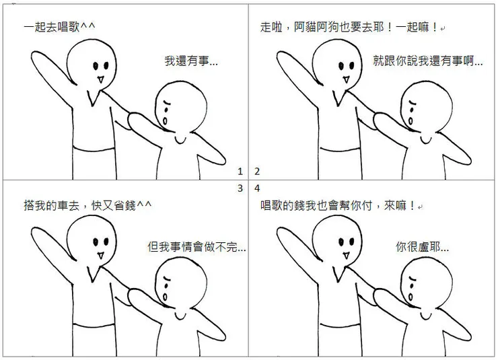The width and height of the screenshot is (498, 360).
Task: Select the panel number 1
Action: (240, 171)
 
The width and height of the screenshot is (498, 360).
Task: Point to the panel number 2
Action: (256, 171)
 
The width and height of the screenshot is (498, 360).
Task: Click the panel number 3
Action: (240, 188)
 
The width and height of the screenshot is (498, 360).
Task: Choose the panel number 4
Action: (256, 188)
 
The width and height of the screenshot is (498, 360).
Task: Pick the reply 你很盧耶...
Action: (422, 247)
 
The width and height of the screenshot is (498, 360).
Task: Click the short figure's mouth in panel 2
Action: (412, 118)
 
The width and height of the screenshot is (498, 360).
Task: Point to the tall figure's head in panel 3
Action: (97, 240)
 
